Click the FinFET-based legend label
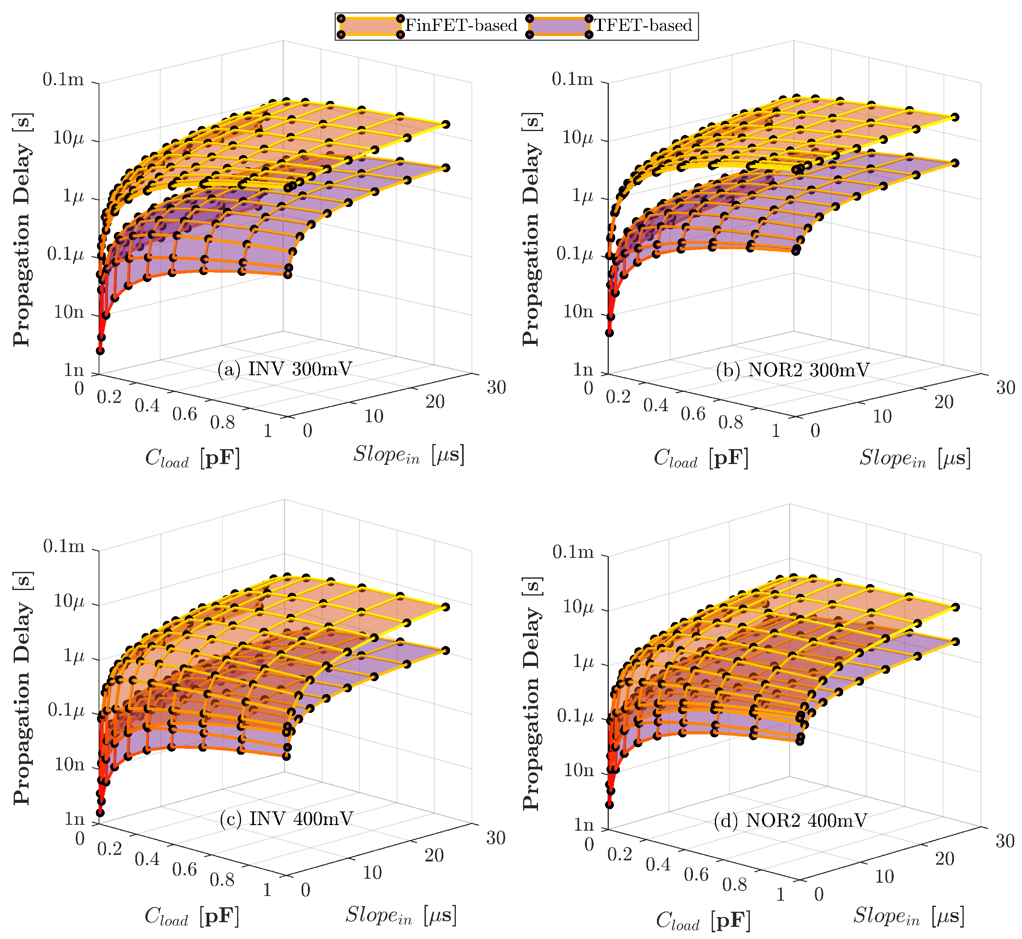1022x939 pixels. [461, 25]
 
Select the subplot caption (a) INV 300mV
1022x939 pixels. [284, 369]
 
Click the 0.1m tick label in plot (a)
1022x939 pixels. [63, 79]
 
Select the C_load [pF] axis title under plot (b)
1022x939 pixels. [701, 458]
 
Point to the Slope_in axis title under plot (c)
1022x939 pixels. [401, 915]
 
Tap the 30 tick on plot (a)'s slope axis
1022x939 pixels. [497, 387]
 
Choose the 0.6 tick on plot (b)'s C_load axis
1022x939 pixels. [693, 414]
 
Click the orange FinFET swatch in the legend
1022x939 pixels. [371, 25]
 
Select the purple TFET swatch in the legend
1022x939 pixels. [559, 25]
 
